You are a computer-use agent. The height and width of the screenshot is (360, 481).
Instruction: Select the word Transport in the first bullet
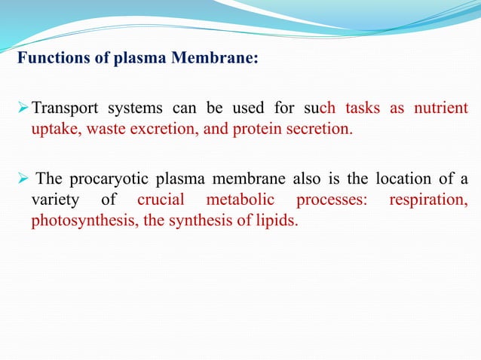tap(62, 108)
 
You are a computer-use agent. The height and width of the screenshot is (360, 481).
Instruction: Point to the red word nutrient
tap(439, 108)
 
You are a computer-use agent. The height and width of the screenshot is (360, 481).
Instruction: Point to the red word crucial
tap(161, 200)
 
